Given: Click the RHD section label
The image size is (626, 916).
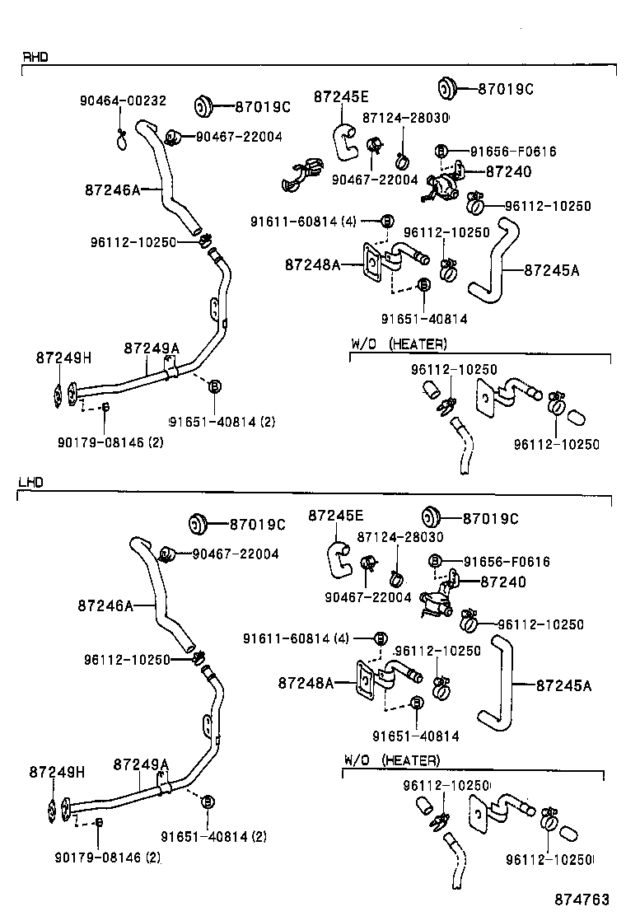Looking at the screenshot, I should [x=35, y=57].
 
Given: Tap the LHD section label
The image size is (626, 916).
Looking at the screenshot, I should [x=30, y=482].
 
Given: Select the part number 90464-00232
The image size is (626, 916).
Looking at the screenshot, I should [x=123, y=100].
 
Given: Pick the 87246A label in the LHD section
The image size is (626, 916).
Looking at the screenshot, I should [x=105, y=605].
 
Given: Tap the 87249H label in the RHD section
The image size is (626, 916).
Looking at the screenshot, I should [x=63, y=358].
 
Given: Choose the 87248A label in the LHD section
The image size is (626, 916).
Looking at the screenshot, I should [x=306, y=683].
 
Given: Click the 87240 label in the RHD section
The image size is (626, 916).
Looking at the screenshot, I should [x=508, y=172].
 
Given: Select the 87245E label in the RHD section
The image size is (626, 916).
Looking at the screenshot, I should [x=340, y=97].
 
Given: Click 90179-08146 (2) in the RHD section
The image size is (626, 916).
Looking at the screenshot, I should [x=110, y=442].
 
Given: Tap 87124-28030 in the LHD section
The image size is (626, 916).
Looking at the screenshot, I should [x=399, y=537].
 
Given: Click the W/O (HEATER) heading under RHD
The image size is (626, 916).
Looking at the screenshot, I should [x=399, y=343].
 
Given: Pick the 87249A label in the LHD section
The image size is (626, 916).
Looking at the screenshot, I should [x=141, y=764].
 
